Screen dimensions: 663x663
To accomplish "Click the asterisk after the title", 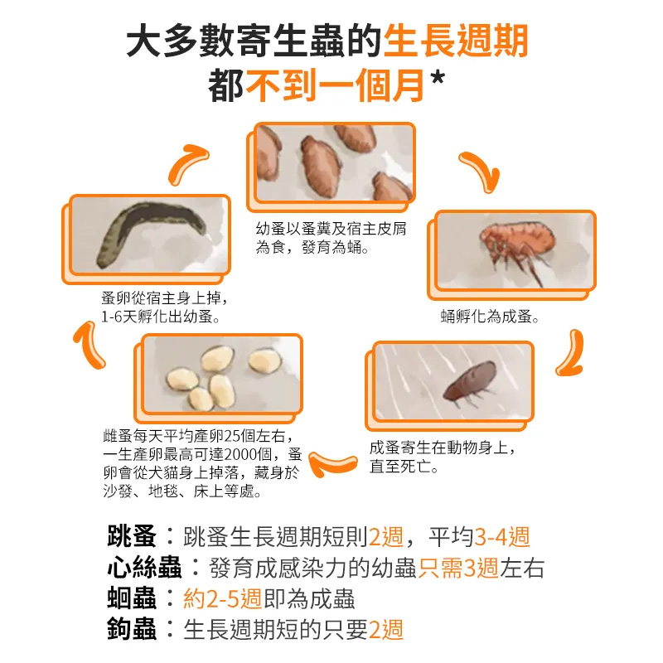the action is pos(437,78).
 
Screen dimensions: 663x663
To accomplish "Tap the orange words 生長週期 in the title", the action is pos(455,41).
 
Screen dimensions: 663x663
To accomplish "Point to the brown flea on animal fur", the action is pos(470,382).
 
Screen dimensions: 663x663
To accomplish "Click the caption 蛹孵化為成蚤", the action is pos(489,317).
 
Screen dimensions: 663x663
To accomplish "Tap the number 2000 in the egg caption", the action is pos(240,454).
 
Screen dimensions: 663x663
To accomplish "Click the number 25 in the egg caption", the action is pos(232,436).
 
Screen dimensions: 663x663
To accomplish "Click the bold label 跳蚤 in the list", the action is pos(132,536).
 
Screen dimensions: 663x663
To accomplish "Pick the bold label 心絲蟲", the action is pos(144,567).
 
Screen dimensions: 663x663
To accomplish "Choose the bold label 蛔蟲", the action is pos(132,598).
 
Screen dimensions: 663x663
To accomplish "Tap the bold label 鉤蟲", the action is pos(132,629).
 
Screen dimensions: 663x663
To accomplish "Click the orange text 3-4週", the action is pos(502,536).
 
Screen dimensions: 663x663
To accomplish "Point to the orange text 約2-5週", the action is pos(222,598).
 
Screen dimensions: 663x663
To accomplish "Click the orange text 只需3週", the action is pos(458,568).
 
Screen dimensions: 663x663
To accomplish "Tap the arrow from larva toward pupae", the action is pos(187,163).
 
